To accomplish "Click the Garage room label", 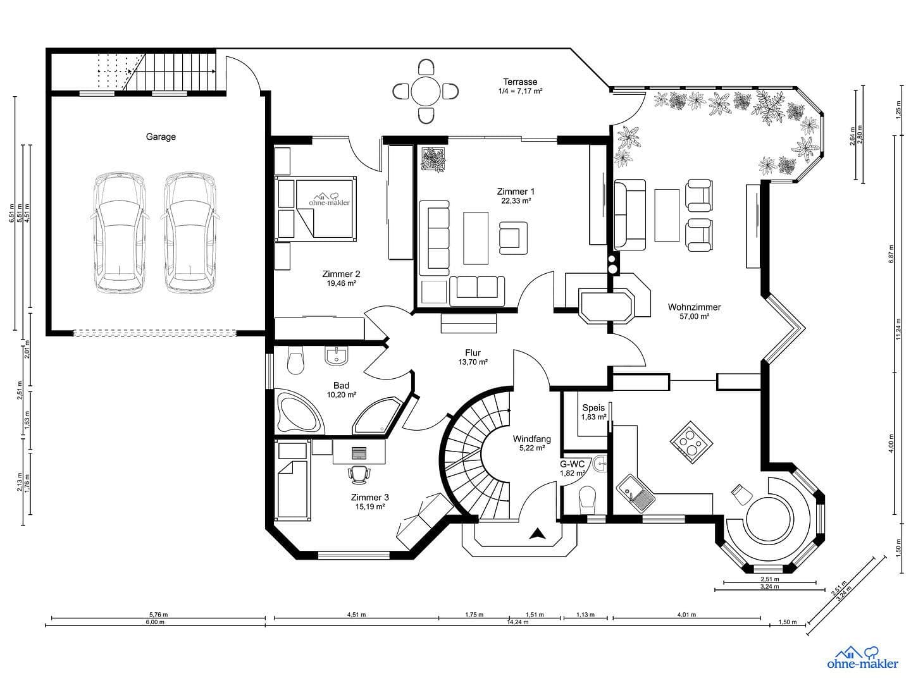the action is pyautogui.click(x=161, y=137).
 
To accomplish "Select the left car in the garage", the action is pyautogui.click(x=120, y=233).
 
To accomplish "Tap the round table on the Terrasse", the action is pyautogui.click(x=425, y=92).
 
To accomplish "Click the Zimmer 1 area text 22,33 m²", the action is pyautogui.click(x=516, y=201).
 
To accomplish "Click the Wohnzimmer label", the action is pyautogui.click(x=694, y=307).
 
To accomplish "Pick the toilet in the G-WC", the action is pyautogui.click(x=588, y=497).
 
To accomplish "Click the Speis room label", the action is pyautogui.click(x=593, y=408).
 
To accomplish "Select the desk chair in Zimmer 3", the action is pyautogui.click(x=359, y=472).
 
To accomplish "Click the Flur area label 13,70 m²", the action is pyautogui.click(x=473, y=362).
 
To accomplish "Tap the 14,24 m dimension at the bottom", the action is pyautogui.click(x=518, y=622).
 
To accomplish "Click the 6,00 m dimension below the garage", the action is pyautogui.click(x=155, y=622).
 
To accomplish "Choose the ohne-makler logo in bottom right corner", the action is pyautogui.click(x=862, y=658).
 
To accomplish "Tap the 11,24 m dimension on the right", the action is pyautogui.click(x=898, y=329).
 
